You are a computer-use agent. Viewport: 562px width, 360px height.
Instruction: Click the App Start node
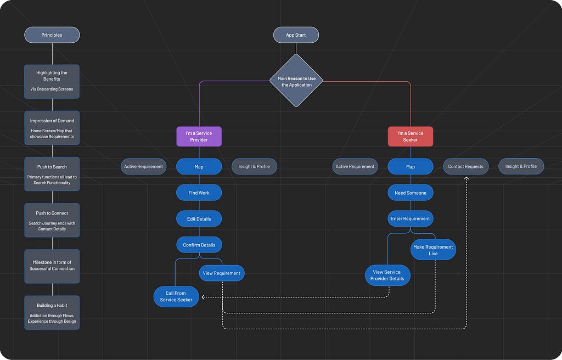pos(296,35)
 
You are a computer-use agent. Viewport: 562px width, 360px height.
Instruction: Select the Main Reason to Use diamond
pos(296,81)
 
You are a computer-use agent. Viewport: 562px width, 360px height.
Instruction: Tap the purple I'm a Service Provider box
pos(199,136)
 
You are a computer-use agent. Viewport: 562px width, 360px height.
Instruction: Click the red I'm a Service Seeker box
pos(411,136)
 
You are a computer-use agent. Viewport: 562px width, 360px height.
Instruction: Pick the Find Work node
pos(199,193)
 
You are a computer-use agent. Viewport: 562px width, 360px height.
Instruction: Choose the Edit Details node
pos(199,219)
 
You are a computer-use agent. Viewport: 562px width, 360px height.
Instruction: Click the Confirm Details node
pos(199,245)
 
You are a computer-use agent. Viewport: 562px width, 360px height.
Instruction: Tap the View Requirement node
pos(222,273)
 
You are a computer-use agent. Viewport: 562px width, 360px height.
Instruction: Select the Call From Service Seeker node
pos(176,296)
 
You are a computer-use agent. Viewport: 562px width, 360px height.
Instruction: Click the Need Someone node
pos(411,193)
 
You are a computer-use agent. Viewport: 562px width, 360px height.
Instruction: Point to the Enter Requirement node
pos(411,219)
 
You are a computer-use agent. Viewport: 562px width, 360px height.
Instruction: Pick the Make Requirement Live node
pos(433,250)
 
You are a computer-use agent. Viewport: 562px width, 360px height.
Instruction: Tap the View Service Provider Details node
pos(387,275)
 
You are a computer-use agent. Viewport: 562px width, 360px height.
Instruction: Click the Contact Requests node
pos(465,166)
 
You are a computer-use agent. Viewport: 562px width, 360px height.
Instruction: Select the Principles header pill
pos(52,35)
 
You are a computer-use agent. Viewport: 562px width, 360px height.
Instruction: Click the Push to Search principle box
pos(52,174)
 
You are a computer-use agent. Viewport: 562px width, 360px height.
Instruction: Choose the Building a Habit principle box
pos(52,313)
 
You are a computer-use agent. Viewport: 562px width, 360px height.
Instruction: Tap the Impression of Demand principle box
pos(52,128)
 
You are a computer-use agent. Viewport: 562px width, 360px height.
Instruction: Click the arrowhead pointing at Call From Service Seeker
pos(203,297)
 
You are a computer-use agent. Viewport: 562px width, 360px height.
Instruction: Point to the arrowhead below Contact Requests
pos(467,178)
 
